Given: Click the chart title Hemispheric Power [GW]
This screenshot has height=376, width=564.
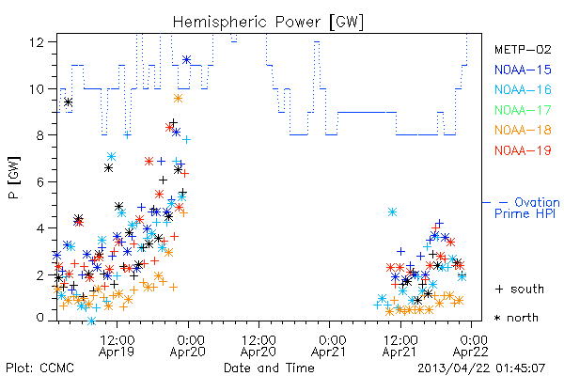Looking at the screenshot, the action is click(268, 23).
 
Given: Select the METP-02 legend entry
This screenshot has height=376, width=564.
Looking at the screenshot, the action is click(523, 49).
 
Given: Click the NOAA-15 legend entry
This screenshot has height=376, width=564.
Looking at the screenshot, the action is click(523, 70).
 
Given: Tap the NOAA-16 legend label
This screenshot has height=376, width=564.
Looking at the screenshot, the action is click(523, 89).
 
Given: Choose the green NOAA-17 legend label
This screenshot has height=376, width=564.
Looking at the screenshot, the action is click(523, 110).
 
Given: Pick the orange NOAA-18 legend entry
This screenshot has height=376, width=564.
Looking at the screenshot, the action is click(523, 130).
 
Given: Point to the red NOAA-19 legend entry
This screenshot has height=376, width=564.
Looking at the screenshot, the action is click(523, 150).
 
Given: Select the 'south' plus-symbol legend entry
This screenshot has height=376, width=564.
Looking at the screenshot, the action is click(520, 289).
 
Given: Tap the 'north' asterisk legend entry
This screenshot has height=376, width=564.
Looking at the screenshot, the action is click(516, 318).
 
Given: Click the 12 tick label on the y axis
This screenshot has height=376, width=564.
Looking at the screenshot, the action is click(36, 42).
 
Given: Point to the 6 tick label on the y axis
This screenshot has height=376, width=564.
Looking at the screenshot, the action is click(39, 181).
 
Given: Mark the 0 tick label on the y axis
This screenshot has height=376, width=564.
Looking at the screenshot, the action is click(39, 318).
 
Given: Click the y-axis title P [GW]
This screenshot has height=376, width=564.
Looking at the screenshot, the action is click(14, 178).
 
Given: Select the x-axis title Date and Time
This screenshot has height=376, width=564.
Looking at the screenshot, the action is click(269, 368).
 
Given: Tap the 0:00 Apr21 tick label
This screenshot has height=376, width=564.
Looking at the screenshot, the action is click(329, 346).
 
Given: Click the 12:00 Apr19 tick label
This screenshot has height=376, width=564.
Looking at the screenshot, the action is click(117, 346).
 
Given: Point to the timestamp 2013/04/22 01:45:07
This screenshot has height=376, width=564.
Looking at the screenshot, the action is click(481, 368).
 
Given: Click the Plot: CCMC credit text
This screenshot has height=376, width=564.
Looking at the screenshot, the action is click(39, 368).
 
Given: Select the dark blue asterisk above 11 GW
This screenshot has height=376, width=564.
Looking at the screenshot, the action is click(186, 60).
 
